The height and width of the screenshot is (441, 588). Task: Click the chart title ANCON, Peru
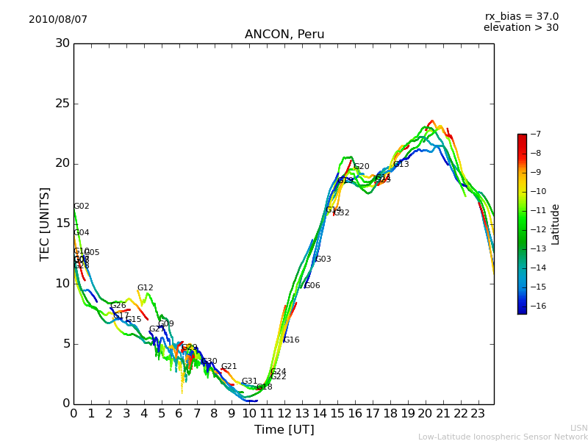click(x=284, y=35)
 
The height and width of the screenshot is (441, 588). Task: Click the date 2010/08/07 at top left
click(x=58, y=19)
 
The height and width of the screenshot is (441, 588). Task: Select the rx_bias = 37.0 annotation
click(x=521, y=16)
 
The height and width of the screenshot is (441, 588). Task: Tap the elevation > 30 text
click(x=520, y=28)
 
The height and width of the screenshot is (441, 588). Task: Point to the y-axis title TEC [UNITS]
click(x=45, y=223)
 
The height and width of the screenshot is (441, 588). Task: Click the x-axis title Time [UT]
click(x=284, y=429)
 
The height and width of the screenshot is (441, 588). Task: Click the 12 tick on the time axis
click(x=284, y=413)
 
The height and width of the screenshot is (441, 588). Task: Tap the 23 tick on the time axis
click(x=478, y=413)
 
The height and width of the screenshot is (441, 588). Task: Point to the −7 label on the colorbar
click(x=535, y=135)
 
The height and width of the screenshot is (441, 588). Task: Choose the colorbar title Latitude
click(x=556, y=224)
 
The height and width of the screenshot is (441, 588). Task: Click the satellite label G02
click(x=82, y=207)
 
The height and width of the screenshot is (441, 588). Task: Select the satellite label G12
click(x=146, y=288)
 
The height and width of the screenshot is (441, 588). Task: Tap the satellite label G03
click(x=323, y=259)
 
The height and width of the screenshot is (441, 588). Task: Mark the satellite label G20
click(x=362, y=167)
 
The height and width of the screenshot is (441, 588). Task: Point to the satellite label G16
click(x=292, y=340)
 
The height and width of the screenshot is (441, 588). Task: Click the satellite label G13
click(x=401, y=165)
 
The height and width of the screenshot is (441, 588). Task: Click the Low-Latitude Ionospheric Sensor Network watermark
click(x=503, y=437)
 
